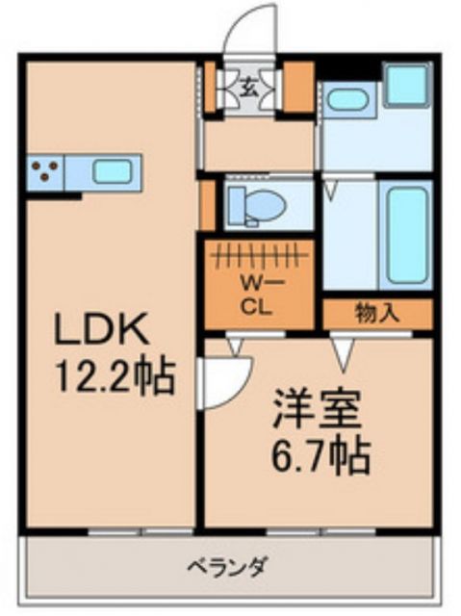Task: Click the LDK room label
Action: tap(101, 332)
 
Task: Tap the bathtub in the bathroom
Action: tap(405, 234)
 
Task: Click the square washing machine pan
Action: tap(405, 86)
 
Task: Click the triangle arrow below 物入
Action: tap(341, 354)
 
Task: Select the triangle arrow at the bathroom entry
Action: tap(330, 189)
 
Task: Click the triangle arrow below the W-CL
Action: tap(233, 342)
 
